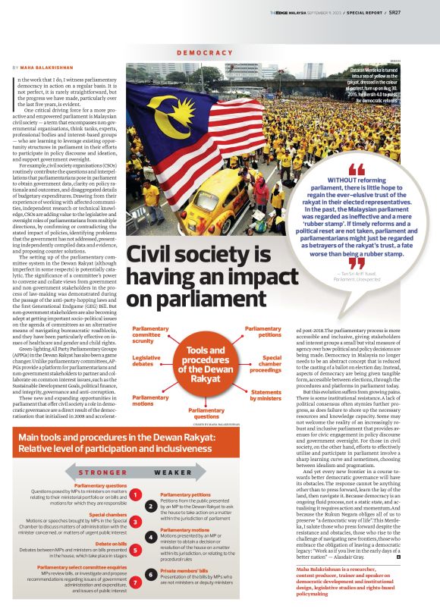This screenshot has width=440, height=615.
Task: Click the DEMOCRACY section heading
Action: point(205,52)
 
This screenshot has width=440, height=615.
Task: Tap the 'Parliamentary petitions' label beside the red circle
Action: point(263,332)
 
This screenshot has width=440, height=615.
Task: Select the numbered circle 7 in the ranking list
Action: point(134,582)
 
